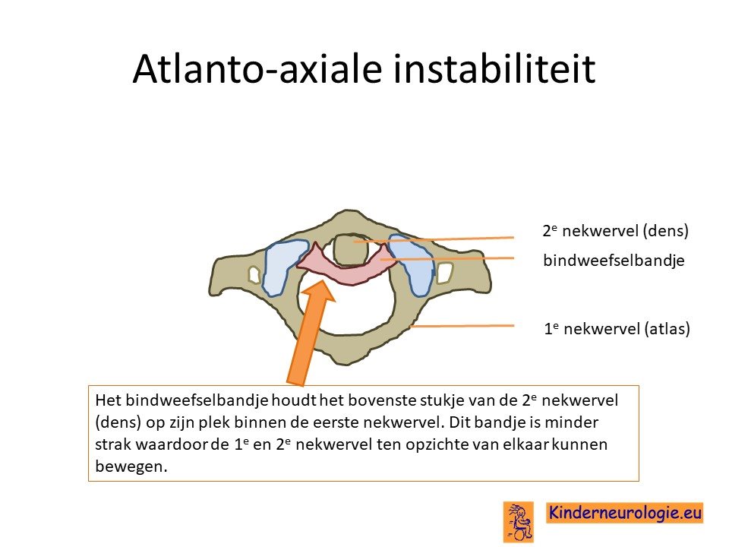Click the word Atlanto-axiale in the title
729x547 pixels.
(257, 68)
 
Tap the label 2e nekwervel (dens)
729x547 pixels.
(616, 230)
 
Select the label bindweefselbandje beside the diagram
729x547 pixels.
(614, 260)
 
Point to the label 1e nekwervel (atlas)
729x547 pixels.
(617, 329)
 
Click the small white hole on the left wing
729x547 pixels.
(254, 274)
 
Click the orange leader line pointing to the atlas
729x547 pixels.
(462, 326)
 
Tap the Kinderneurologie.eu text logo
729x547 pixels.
(624, 513)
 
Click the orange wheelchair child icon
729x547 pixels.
(518, 521)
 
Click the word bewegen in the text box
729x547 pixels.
(131, 466)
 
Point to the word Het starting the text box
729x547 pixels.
(108, 400)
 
